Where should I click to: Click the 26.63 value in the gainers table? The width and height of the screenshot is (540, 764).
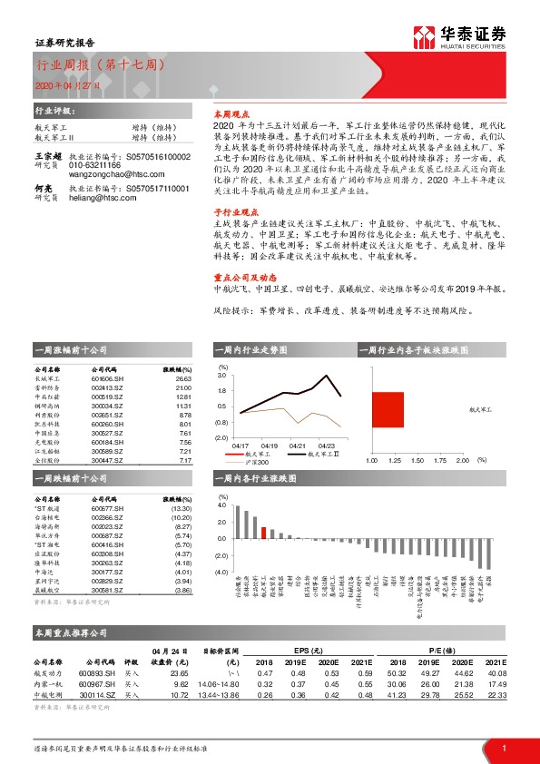[184, 379]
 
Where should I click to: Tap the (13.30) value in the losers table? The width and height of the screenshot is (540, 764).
[182, 510]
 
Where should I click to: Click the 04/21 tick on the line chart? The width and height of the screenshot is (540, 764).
[298, 446]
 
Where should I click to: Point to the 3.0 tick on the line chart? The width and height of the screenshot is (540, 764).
[221, 375]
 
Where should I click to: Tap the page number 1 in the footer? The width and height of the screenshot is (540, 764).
[503, 748]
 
